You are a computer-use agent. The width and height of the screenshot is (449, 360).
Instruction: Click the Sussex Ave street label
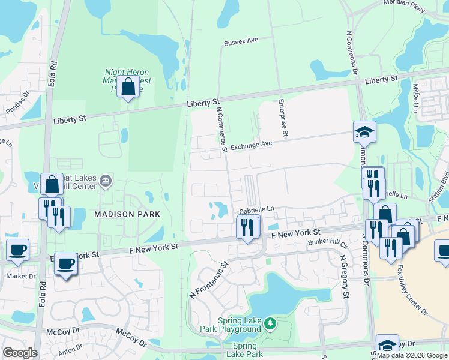pos(240,41)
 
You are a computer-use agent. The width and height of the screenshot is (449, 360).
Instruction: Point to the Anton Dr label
pos(70,348)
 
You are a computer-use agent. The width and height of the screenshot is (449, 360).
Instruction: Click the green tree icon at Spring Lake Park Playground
pos(271,324)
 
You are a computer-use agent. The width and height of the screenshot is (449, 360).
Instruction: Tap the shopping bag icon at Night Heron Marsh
pos(128,87)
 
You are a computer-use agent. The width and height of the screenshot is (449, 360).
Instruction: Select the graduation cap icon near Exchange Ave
pos(364,132)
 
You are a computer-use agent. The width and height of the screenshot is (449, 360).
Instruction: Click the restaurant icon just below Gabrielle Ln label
pos(247,227)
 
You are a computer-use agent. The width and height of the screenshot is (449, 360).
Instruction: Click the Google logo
pos(20,353)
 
